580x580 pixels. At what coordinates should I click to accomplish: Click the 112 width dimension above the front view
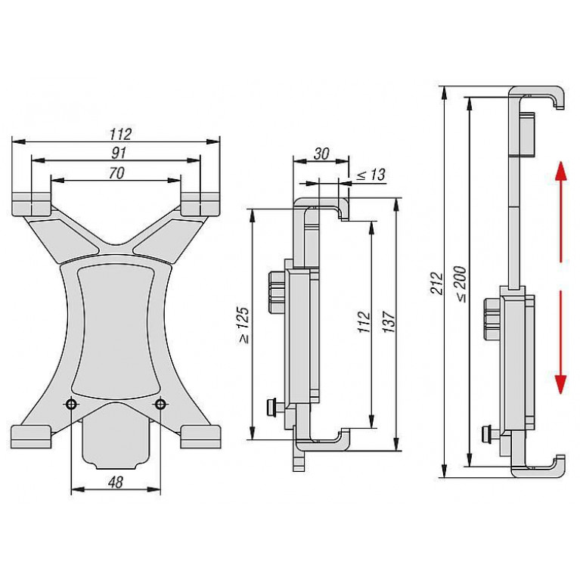pyautogui.click(x=120, y=135)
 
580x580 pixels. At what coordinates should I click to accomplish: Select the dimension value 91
pyautogui.click(x=119, y=154)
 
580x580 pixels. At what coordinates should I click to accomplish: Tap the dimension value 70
pyautogui.click(x=116, y=173)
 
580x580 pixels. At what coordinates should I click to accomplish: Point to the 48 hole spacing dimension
pyautogui.click(x=116, y=482)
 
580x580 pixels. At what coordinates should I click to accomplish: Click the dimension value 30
pyautogui.click(x=321, y=154)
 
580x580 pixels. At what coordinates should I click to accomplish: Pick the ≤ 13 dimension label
pyautogui.click(x=371, y=175)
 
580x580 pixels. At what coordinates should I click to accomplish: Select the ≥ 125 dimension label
pyautogui.click(x=243, y=325)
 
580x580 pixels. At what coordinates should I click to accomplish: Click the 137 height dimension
pyautogui.click(x=389, y=321)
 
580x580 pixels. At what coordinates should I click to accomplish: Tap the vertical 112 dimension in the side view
pyautogui.click(x=364, y=322)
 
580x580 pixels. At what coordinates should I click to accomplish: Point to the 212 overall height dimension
pyautogui.click(x=437, y=284)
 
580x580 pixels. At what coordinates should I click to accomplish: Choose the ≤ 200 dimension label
pyautogui.click(x=461, y=284)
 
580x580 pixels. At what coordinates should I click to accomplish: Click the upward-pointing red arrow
pyautogui.click(x=561, y=212)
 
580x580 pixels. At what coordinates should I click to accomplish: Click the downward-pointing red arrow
pyautogui.click(x=561, y=342)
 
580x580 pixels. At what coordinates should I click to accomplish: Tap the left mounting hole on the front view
pyautogui.click(x=71, y=404)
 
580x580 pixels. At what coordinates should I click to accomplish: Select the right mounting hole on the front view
pyautogui.click(x=160, y=404)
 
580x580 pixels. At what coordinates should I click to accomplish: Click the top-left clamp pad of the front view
pyautogui.click(x=32, y=204)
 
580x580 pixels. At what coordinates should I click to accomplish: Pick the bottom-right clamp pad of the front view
pyautogui.click(x=201, y=437)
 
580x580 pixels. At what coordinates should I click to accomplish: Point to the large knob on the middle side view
pyautogui.click(x=276, y=293)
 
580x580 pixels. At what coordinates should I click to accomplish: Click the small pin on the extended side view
pyautogui.click(x=489, y=434)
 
